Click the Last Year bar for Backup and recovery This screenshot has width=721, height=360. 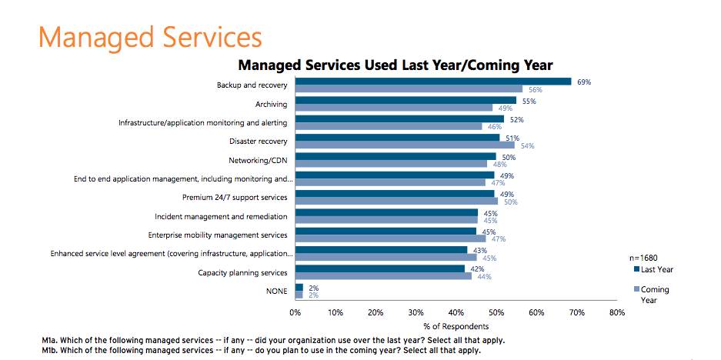coord(433,81)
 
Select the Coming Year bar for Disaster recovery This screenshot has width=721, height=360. coord(405,145)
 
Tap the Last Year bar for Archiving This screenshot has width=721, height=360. coord(406,100)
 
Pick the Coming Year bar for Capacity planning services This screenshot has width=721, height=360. coord(383,275)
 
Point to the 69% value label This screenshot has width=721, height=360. coord(583,81)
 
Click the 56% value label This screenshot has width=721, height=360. coord(535,89)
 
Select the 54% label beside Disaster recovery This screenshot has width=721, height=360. coord(527,145)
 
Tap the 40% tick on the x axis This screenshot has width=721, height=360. coord(456,312)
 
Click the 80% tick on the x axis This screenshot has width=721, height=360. coord(616,312)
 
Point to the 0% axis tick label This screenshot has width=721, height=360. coord(295,312)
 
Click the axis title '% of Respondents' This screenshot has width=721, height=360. coord(456,326)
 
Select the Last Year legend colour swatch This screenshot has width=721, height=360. coord(636,269)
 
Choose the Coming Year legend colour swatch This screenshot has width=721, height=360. coord(636,289)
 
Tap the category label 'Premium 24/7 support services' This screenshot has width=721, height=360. coord(235,198)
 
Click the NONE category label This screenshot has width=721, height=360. coord(276,292)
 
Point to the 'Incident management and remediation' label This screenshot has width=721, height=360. coord(221,216)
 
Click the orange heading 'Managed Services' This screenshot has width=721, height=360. coord(150,36)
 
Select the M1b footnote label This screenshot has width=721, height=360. coord(52,351)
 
